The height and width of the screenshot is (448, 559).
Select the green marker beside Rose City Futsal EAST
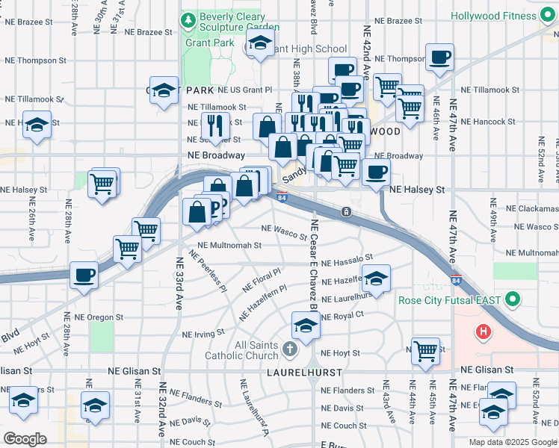pos(513,301)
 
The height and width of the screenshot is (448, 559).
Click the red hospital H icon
pos(484,331)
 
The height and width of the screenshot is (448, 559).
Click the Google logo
pos(25,438)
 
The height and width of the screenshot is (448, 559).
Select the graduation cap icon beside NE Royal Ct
pos(306,326)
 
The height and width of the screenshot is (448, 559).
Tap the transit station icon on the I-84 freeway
pos(347,212)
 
